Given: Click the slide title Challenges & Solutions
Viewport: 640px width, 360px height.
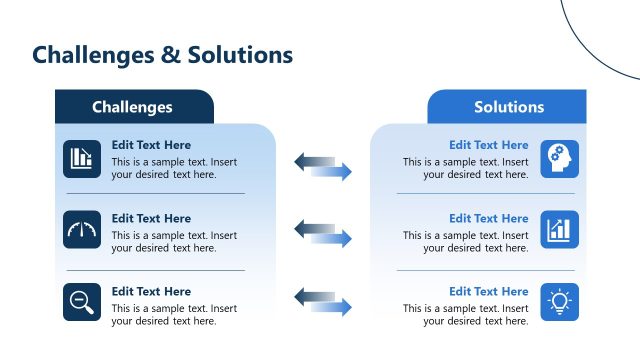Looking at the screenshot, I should pos(162,55).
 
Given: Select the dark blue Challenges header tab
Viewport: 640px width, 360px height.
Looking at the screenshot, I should pos(133,107).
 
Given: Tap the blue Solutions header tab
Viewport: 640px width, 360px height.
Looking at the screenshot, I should pos(508,107).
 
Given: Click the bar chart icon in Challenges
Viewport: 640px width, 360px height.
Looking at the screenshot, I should pos(82,158).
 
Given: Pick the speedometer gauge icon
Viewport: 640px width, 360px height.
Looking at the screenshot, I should pos(82,230).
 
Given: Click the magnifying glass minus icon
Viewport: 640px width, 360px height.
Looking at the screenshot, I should pos(82,302).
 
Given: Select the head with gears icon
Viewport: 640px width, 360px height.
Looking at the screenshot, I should pos(559,158).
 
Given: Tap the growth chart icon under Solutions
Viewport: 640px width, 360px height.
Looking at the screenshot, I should pos(559,230).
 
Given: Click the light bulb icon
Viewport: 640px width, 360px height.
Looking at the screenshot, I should pos(559,302).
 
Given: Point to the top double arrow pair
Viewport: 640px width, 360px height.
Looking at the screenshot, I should pos(323,166).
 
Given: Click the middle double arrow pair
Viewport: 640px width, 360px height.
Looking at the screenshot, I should pos(323,234).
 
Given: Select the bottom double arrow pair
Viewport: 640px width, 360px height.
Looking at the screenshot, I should pos(323,302).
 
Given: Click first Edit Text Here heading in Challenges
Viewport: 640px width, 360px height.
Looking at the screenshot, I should pos(151,145).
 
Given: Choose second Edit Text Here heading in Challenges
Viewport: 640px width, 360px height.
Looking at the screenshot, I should pos(151,218).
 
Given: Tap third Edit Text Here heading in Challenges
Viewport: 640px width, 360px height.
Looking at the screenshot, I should pos(151,292).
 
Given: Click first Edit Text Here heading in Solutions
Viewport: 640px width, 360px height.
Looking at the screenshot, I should pos(488,145).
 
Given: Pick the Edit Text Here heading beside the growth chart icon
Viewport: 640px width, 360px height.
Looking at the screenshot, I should pos(488,218).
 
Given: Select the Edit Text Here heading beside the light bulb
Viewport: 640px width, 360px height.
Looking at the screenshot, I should pos(488,292).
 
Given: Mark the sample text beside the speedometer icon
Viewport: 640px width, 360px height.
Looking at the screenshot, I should pos(174,241).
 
